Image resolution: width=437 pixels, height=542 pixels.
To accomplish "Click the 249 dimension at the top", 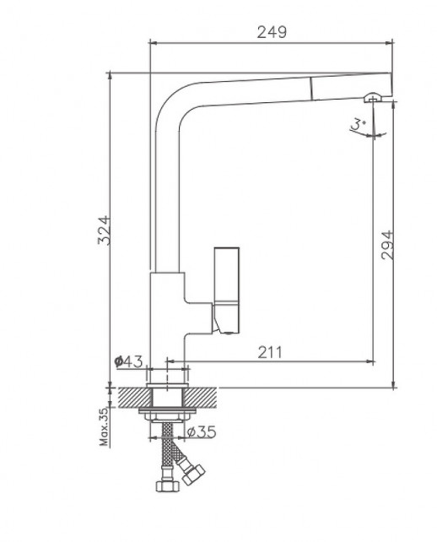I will pyautogui.click(x=271, y=32).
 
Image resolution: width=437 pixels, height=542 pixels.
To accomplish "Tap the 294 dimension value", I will pyautogui.click(x=387, y=245).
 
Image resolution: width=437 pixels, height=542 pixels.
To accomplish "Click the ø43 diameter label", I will pyautogui.click(x=128, y=361).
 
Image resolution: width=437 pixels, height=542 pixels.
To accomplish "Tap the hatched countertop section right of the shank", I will pyautogui.click(x=208, y=396).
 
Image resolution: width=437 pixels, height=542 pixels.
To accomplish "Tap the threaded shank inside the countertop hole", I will pyautogui.click(x=169, y=396).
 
